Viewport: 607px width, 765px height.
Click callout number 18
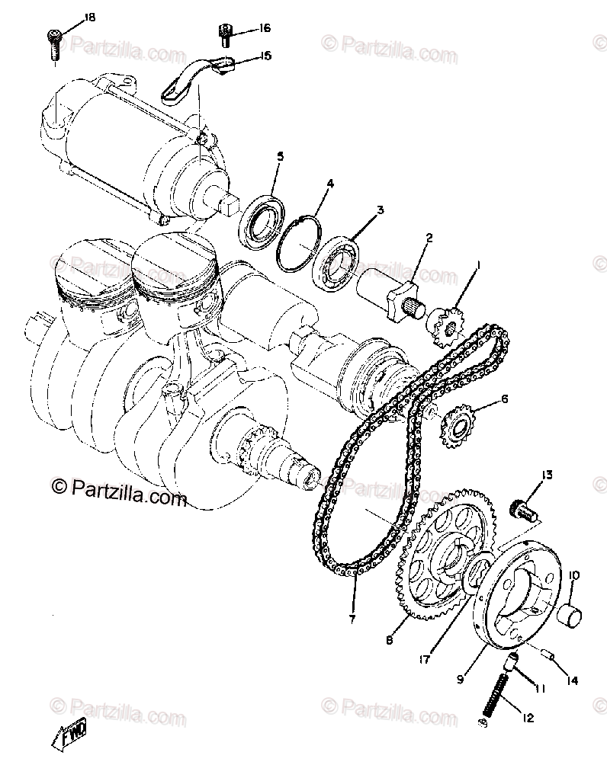click(90, 17)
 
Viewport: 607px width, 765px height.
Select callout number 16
click(265, 29)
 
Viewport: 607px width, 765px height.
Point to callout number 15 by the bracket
click(265, 56)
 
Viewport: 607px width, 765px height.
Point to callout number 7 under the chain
click(352, 619)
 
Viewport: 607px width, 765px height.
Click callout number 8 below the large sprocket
click(389, 641)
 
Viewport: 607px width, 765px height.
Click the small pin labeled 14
click(546, 653)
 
